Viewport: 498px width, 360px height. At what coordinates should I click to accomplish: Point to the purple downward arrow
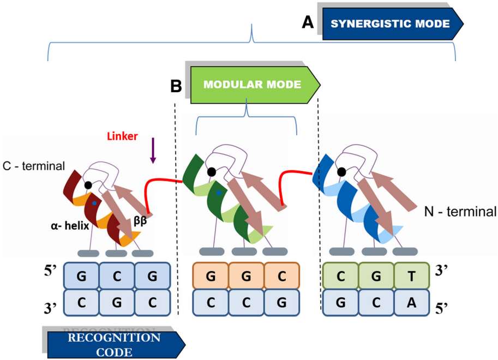tap(153, 151)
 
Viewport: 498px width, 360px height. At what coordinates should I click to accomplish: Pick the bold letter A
tap(308, 22)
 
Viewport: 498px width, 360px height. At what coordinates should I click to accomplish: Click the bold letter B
tap(176, 86)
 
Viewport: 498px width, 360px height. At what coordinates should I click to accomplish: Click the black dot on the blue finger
tap(342, 172)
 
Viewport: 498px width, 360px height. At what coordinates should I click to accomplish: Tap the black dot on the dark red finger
tap(87, 185)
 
